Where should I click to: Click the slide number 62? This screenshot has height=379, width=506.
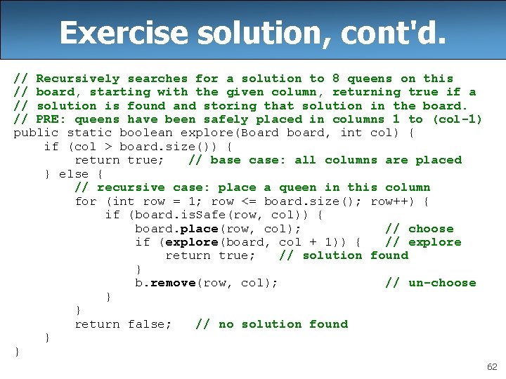click(491, 366)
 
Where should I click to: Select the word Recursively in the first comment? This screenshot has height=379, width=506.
click(77, 79)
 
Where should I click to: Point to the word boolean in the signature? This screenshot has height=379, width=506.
click(145, 133)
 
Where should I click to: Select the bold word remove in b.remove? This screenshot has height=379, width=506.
click(173, 283)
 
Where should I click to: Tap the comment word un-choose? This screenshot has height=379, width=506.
click(442, 283)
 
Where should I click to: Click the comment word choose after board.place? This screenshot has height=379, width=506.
click(431, 229)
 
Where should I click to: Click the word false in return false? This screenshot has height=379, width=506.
click(150, 324)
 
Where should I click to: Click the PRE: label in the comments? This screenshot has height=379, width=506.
click(51, 119)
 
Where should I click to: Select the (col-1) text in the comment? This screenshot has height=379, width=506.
click(457, 119)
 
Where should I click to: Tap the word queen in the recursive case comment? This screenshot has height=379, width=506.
click(297, 187)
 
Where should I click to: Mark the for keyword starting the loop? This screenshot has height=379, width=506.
click(86, 201)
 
